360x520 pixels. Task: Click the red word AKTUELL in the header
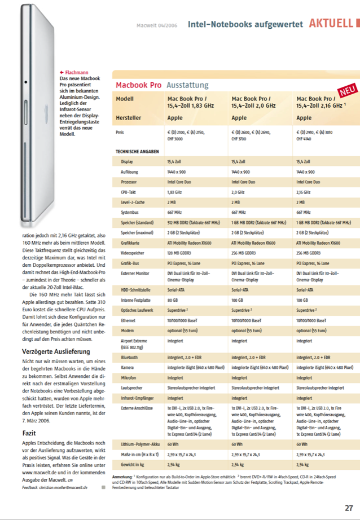[331, 24]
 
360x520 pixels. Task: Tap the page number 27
[349, 508]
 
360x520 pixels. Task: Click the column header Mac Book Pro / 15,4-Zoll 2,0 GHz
[253, 102]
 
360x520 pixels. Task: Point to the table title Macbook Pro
[138, 85]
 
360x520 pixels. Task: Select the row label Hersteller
[131, 118]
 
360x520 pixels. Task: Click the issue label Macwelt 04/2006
[157, 25]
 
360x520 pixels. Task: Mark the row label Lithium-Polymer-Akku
[139, 444]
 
